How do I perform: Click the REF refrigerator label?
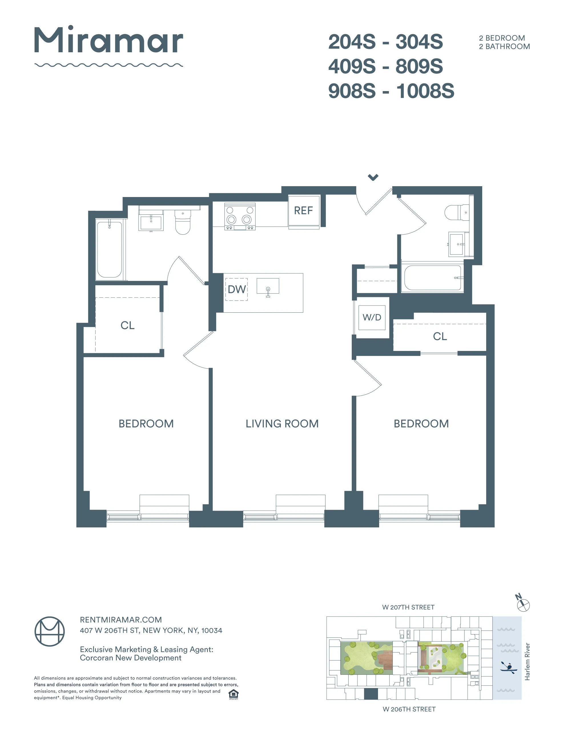tap(303, 210)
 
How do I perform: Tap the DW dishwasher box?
tap(236, 289)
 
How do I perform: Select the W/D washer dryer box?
tap(372, 318)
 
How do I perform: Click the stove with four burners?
tap(240, 216)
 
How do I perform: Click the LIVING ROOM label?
tap(282, 424)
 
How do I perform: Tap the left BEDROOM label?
tap(146, 424)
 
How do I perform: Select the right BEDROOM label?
tap(421, 424)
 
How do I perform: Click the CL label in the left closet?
tap(128, 325)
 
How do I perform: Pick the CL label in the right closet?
tap(440, 336)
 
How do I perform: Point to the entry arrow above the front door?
tap(373, 177)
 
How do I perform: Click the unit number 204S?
tap(352, 42)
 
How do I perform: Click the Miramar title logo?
tap(108, 41)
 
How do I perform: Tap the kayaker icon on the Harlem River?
tap(508, 667)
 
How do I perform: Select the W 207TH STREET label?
tap(408, 607)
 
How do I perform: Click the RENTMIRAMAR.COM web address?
tap(121, 620)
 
